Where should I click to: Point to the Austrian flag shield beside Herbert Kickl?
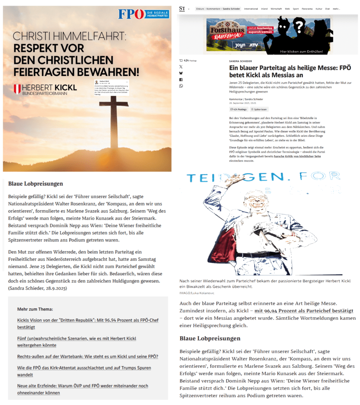(x=17, y=89)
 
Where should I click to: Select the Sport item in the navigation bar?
(x=296, y=9)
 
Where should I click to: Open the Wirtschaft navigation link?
(x=276, y=9)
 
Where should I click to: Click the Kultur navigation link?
(x=319, y=9)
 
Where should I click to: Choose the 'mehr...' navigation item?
(x=337, y=9)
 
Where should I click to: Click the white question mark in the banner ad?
(x=300, y=26)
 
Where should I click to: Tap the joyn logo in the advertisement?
(x=241, y=45)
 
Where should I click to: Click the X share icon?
(x=181, y=67)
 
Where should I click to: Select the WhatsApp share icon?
(x=181, y=86)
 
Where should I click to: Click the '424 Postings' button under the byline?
(x=238, y=109)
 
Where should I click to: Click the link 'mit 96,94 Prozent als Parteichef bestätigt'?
(x=304, y=311)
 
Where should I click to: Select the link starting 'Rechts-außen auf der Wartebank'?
(x=88, y=356)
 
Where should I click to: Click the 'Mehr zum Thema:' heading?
(x=35, y=309)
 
